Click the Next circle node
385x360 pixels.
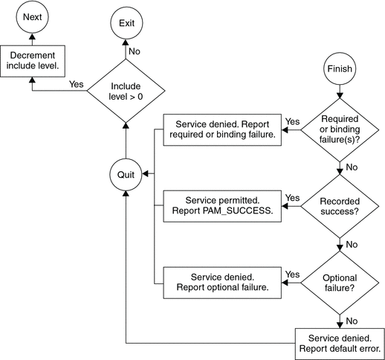(x=30, y=16)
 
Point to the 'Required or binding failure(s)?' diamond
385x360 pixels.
(x=340, y=129)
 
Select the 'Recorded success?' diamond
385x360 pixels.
(x=340, y=206)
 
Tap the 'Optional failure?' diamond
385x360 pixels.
(x=340, y=282)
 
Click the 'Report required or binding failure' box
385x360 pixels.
(x=223, y=129)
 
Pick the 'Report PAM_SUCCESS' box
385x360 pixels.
(x=223, y=206)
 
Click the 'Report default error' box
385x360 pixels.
(x=340, y=341)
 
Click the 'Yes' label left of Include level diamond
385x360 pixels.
(x=76, y=84)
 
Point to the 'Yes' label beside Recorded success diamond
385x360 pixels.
(x=292, y=198)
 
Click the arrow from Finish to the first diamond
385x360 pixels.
(x=340, y=92)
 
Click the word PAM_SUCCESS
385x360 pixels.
(x=236, y=212)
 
